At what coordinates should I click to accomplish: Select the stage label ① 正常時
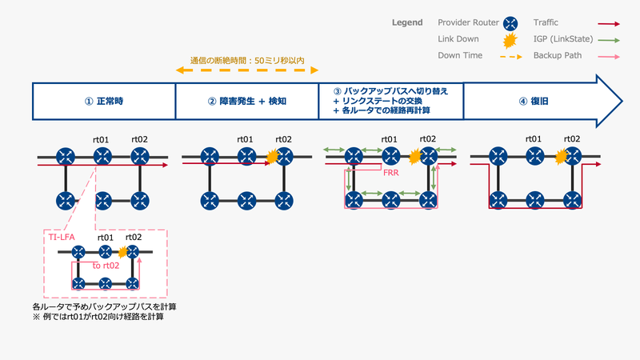pos(104,102)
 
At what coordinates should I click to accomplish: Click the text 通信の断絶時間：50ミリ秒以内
pos(247,60)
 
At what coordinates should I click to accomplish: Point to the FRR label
pos(391,172)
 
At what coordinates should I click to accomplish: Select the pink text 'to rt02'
pos(106,265)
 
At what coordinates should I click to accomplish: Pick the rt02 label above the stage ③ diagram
pos(428,139)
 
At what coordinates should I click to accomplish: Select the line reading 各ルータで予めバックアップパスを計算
pos(105,306)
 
